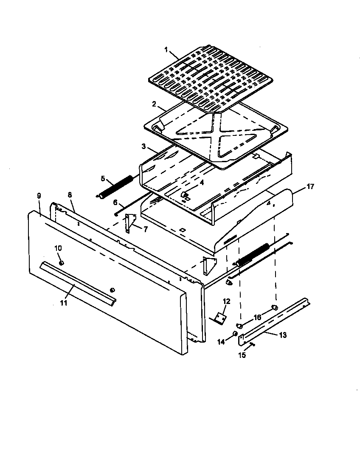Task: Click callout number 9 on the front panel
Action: (x=39, y=196)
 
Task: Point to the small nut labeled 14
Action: (x=235, y=334)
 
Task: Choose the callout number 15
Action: (x=242, y=355)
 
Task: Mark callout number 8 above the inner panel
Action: (x=70, y=194)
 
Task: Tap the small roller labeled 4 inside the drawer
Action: (x=185, y=194)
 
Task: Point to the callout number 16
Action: (x=257, y=317)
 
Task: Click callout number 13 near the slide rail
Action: (x=283, y=335)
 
